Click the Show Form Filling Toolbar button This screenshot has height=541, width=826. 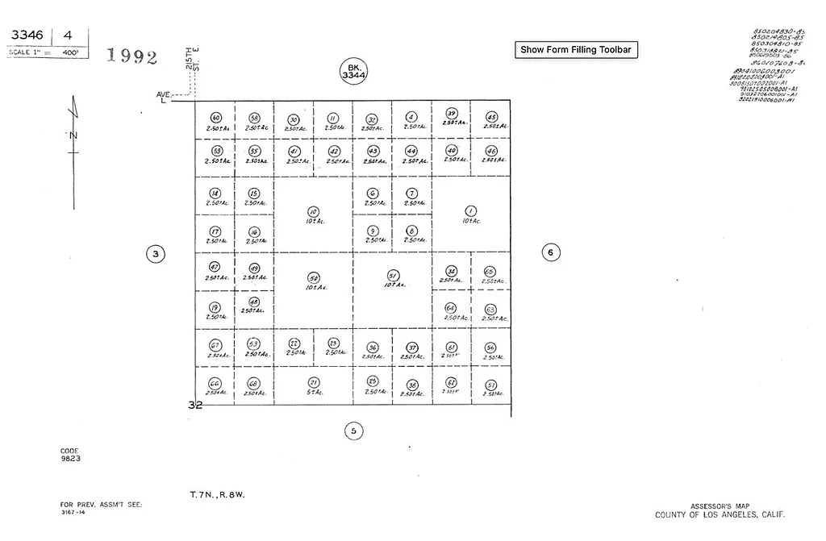pos(576,49)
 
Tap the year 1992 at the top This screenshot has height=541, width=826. pos(131,56)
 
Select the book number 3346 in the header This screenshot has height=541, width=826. pos(27,35)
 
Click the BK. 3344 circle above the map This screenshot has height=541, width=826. pos(353,71)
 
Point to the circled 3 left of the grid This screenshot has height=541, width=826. pos(156,254)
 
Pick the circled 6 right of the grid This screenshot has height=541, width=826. pos(550,252)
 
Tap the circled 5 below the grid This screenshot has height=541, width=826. pos(353,431)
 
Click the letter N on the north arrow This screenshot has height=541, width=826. pos(73,135)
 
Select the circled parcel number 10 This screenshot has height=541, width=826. pos(314,212)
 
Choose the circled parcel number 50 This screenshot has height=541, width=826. pos(314,277)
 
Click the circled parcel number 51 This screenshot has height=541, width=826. pos(393,275)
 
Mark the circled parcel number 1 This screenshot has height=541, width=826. pos(471,211)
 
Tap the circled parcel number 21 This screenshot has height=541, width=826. pos(314,382)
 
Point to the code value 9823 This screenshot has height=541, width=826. pos(70,458)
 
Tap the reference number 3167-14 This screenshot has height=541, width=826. pos(72,512)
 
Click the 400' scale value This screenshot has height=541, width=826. pos(70,52)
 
